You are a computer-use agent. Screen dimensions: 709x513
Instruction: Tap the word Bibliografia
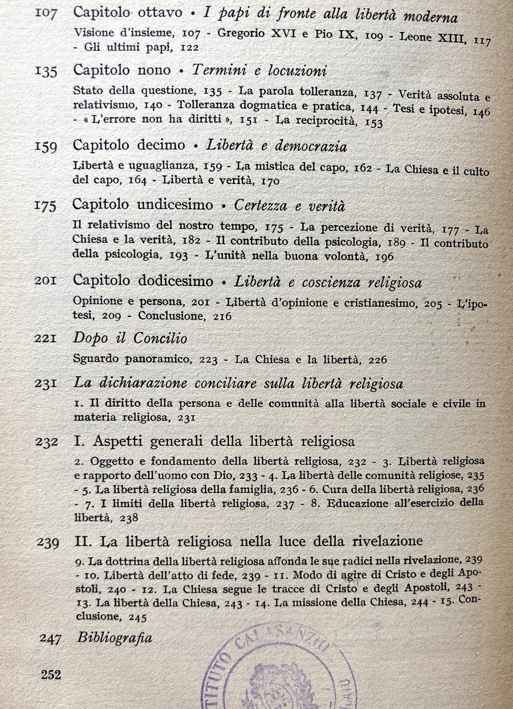click(115, 638)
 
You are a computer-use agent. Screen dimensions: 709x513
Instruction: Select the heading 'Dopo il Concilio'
click(130, 338)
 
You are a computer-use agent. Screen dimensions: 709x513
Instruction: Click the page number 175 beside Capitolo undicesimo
click(45, 205)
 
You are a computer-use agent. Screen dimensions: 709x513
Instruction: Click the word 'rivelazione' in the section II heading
click(388, 540)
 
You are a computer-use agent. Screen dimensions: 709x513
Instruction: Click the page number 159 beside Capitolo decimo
click(45, 146)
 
